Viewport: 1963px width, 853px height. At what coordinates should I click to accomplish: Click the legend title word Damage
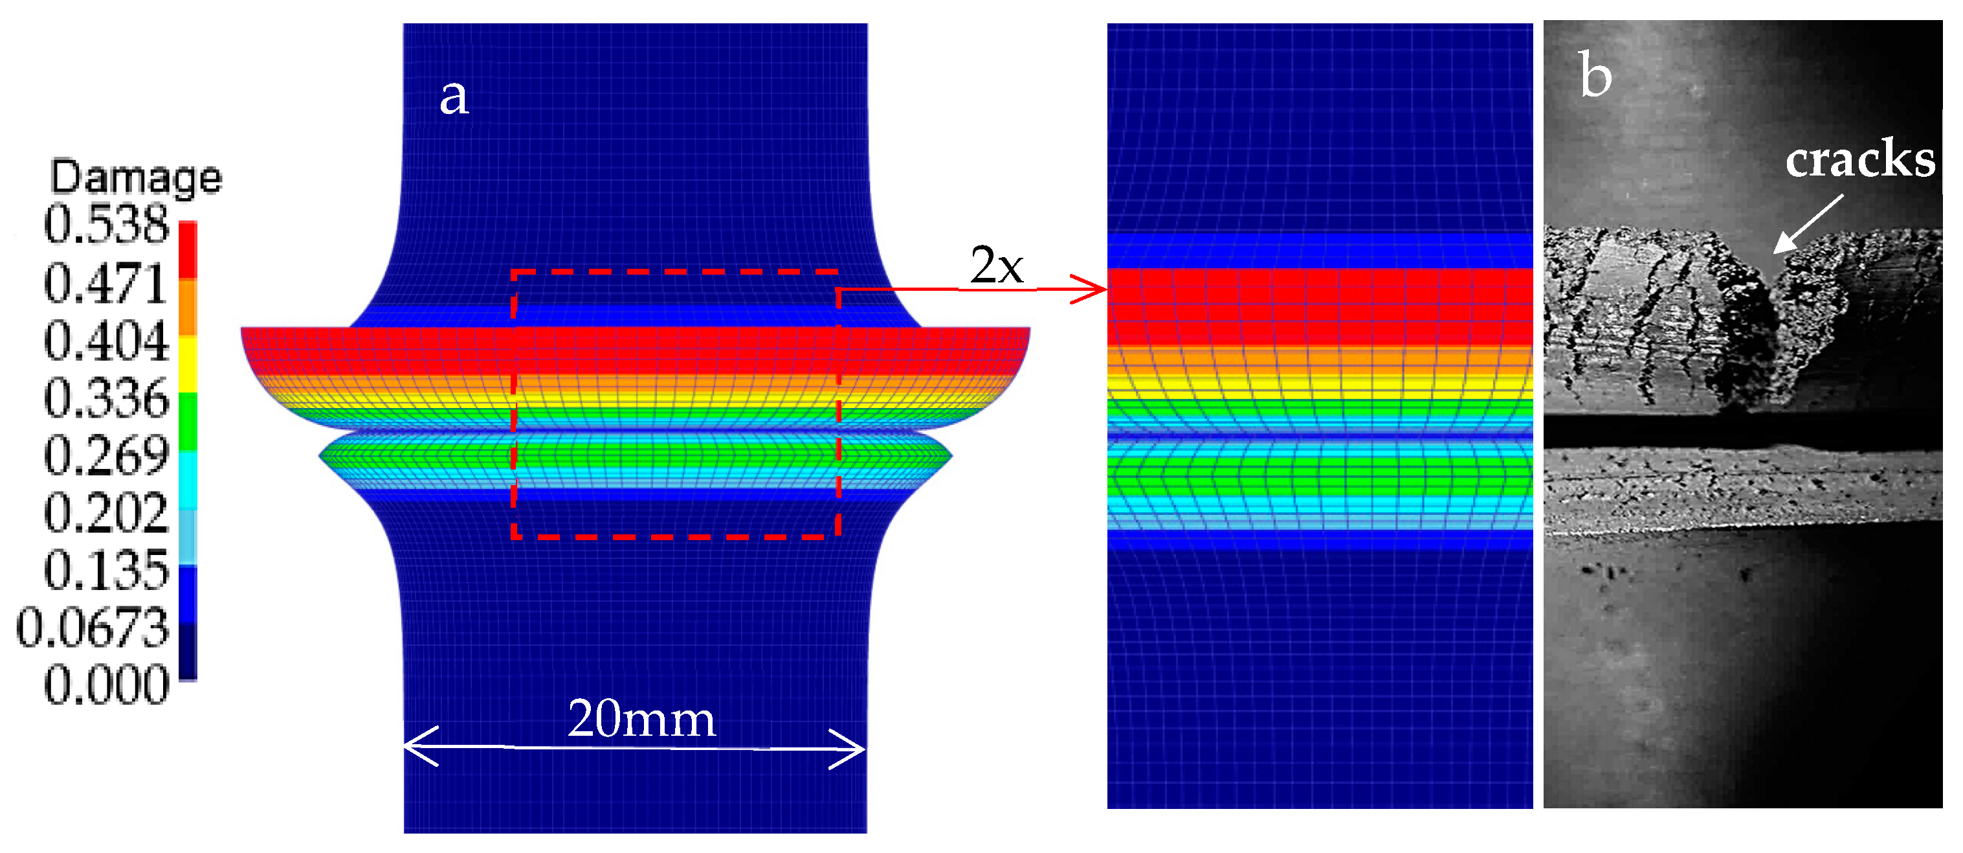click(x=136, y=178)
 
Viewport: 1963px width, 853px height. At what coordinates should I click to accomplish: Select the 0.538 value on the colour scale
click(x=106, y=225)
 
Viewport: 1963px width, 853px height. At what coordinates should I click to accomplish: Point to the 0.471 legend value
click(x=106, y=284)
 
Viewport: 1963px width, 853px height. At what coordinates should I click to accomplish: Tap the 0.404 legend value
click(x=106, y=341)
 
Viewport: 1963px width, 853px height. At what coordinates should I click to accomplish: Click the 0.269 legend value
click(x=106, y=456)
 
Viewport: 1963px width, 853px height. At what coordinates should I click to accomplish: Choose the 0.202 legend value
click(x=106, y=513)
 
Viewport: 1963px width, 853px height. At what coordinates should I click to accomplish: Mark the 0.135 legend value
click(x=106, y=570)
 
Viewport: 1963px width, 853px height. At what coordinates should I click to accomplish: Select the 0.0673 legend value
click(x=93, y=628)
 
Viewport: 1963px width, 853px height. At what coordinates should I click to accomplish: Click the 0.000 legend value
click(x=106, y=685)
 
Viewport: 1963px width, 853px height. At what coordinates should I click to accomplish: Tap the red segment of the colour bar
click(x=188, y=249)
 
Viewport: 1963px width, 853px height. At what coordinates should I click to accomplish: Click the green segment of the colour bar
click(x=188, y=422)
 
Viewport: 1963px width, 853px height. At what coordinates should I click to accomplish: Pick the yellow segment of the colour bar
click(x=188, y=365)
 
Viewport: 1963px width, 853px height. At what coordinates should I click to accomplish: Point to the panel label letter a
click(x=454, y=98)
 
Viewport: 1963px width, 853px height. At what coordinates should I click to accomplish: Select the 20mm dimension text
click(x=641, y=719)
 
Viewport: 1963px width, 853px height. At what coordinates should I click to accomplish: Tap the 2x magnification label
click(x=996, y=266)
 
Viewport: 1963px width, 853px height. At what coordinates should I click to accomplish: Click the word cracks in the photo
click(x=1859, y=160)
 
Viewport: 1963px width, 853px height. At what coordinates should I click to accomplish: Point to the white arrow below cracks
click(x=1808, y=223)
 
